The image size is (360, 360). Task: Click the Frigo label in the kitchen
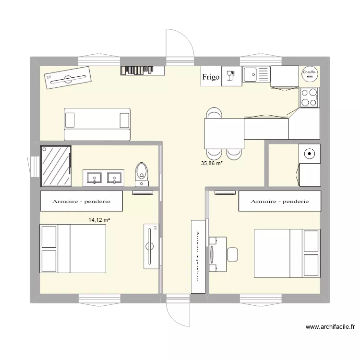[x=211, y=77]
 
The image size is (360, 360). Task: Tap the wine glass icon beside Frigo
[x=231, y=76]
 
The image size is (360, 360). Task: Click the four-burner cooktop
[x=310, y=97]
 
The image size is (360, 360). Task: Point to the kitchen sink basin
[x=251, y=74]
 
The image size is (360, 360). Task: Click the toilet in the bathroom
[x=142, y=172]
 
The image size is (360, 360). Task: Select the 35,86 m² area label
[x=212, y=164]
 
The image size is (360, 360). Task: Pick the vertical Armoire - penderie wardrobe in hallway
[x=198, y=256]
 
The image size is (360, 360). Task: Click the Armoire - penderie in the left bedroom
[x=82, y=201]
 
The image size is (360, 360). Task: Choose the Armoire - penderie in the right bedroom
[x=279, y=201]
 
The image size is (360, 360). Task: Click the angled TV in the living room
[x=68, y=77]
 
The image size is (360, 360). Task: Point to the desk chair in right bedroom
[x=232, y=254]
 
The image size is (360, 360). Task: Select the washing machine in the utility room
[x=310, y=154]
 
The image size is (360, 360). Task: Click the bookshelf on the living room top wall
[x=143, y=70]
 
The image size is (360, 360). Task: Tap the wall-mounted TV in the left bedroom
[x=151, y=245]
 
